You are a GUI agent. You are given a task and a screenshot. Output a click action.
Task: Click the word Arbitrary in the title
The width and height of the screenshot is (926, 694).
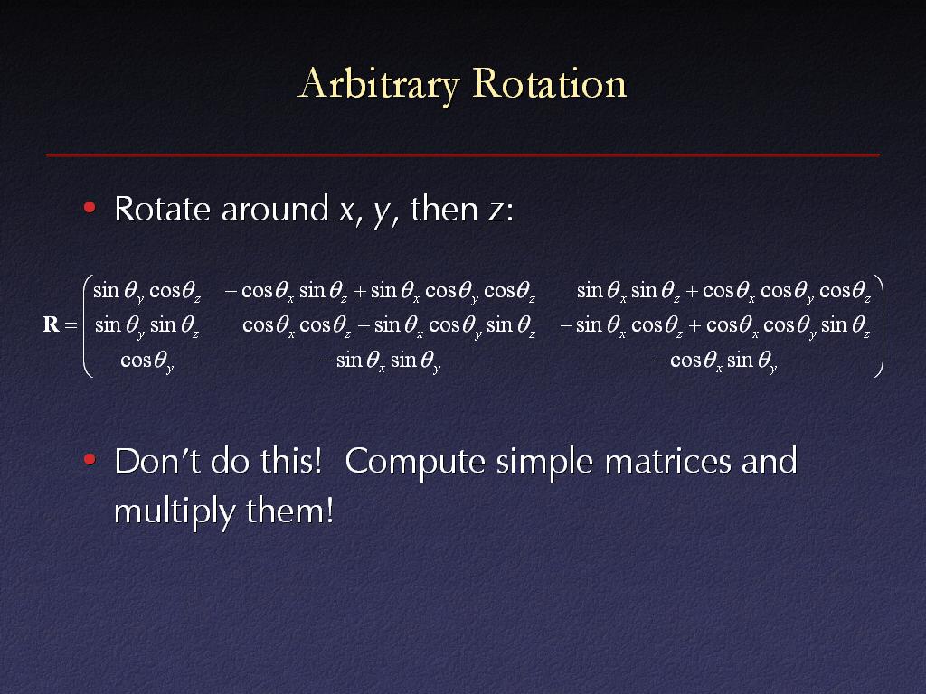coord(378,84)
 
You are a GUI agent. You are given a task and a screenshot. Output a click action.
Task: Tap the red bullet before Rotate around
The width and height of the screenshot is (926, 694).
coord(90,207)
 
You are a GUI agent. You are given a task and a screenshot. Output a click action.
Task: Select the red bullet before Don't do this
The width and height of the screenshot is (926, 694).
coord(90,459)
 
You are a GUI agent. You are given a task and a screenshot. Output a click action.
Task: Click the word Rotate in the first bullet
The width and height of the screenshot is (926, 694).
coord(163,209)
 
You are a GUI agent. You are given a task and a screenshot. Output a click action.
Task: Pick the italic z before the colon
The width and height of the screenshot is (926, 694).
coord(496,211)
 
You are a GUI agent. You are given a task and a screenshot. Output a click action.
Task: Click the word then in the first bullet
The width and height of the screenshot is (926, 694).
coord(444,209)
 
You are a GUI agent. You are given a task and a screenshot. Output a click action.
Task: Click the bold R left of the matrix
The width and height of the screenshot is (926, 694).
coord(52,324)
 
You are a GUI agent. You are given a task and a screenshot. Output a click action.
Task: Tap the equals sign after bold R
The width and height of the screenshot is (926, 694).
coord(71,325)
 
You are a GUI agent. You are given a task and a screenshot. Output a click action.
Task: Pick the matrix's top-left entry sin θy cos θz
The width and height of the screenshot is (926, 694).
coord(147,292)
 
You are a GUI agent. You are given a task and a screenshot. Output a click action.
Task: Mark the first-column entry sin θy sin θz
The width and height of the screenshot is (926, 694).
coord(147,325)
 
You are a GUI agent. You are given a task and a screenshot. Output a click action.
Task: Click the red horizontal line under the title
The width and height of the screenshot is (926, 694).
coord(463,155)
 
